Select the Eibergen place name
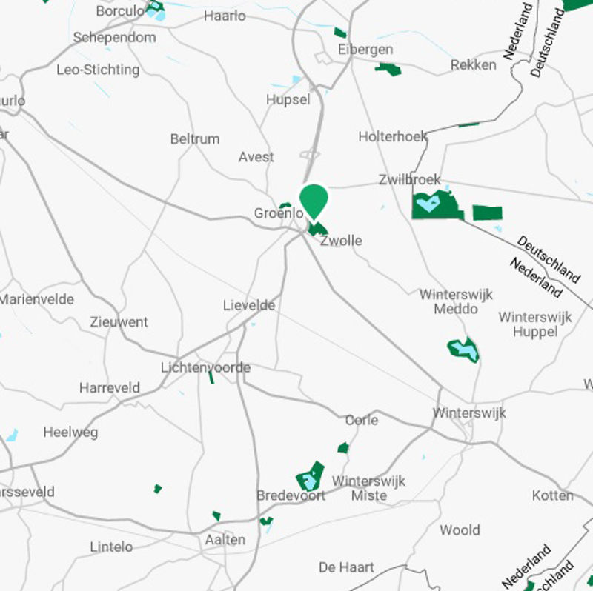[365, 50]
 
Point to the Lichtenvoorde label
[205, 367]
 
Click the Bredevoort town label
[291, 495]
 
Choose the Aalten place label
[225, 540]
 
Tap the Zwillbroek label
[409, 179]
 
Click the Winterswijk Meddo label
[456, 301]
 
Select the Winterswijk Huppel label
[535, 324]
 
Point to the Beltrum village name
[195, 138]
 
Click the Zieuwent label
[119, 322]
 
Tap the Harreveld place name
[110, 388]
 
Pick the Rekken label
[474, 65]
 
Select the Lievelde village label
[249, 305]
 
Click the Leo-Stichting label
[98, 70]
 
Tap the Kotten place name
[553, 495]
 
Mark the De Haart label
[346, 567]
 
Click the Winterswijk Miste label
[368, 488]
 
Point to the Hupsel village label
[288, 99]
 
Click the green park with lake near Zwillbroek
[436, 205]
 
